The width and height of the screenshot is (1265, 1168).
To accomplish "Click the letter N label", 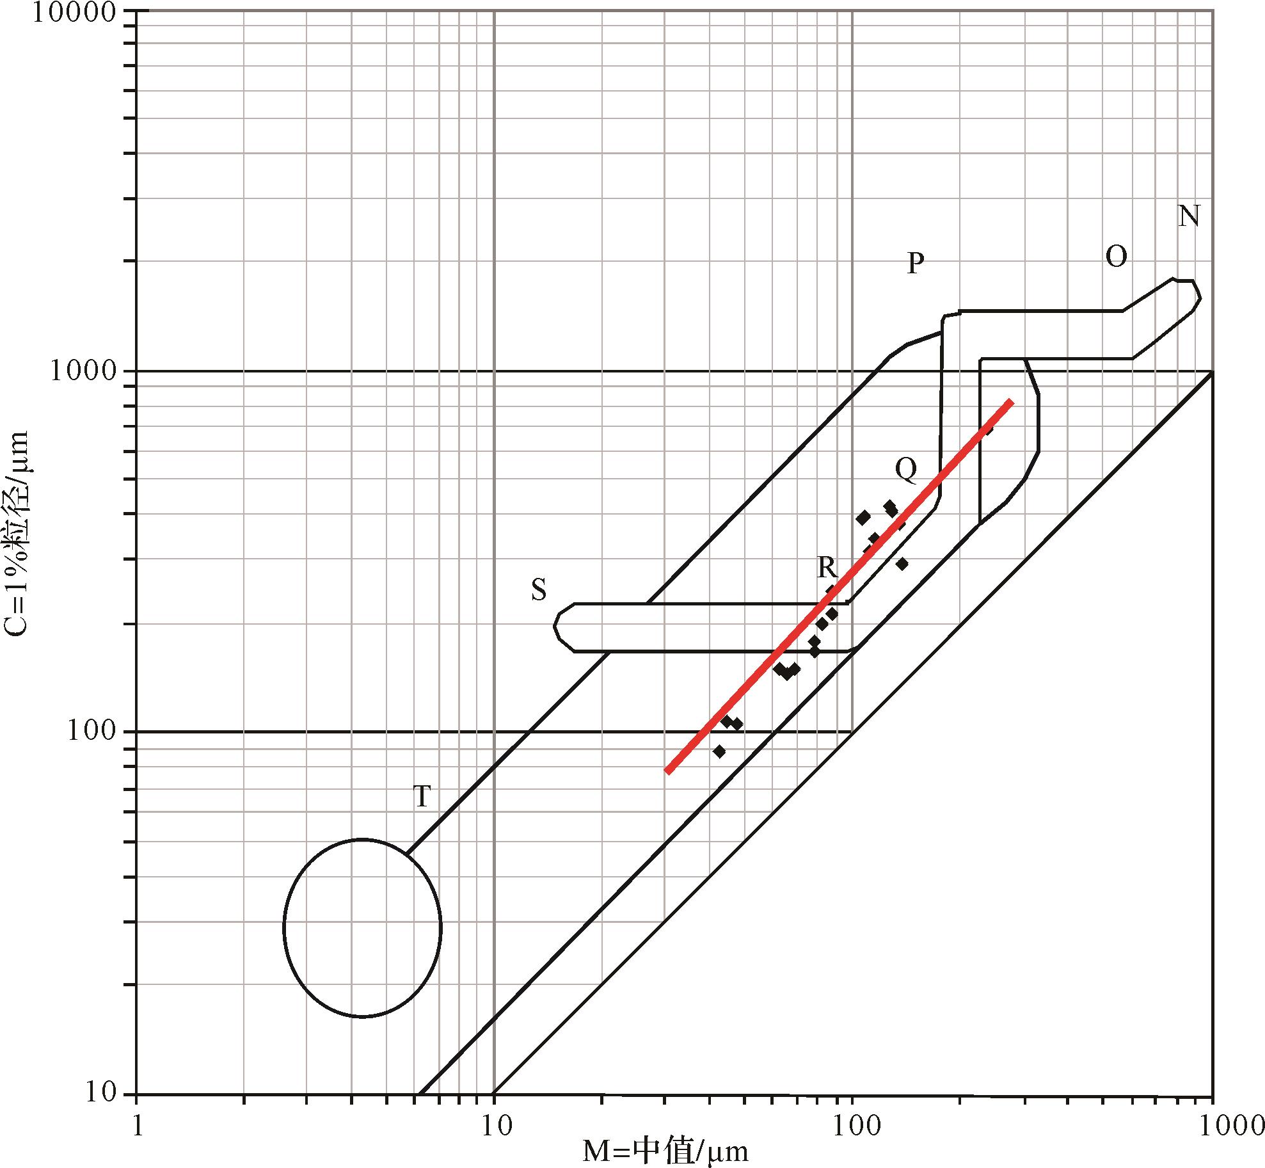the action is point(1189,216).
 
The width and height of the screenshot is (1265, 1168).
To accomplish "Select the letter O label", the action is point(1117,257).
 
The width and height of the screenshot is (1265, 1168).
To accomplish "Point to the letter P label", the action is point(916,262).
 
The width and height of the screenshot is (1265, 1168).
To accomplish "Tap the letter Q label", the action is point(906,470).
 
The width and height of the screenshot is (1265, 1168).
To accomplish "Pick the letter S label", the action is point(539,591).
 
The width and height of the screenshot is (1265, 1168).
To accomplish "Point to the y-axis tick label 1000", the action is point(83,371).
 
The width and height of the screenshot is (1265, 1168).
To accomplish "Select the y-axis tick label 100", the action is point(92,731).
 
